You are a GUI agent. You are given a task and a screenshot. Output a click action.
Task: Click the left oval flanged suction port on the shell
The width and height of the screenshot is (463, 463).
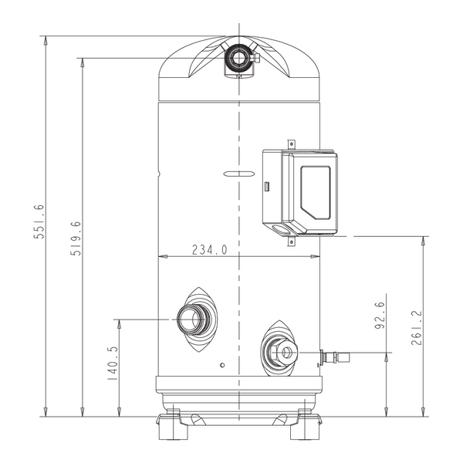click(x=197, y=319)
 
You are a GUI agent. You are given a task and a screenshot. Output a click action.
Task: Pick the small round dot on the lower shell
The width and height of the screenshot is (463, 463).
click(x=221, y=363)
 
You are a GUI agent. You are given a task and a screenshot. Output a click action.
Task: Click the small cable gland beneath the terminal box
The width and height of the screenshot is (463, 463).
click(x=291, y=241)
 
